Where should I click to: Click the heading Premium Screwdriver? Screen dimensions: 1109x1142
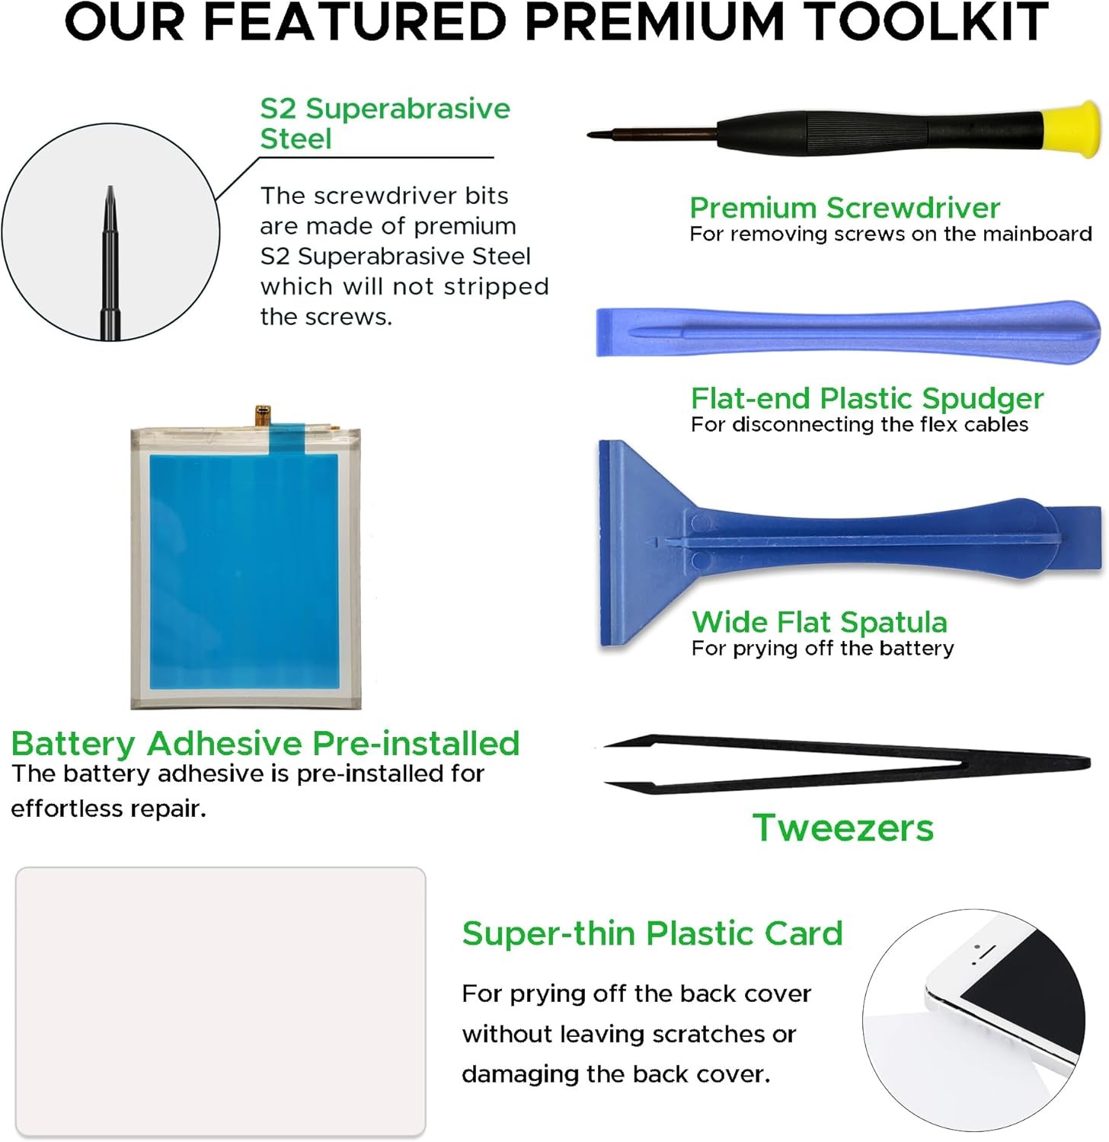pyautogui.click(x=845, y=208)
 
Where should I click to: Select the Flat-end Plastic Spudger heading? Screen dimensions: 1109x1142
pyautogui.click(x=867, y=398)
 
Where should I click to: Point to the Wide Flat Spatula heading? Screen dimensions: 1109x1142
pyautogui.click(x=820, y=622)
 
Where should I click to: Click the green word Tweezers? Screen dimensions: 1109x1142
pyautogui.click(x=843, y=828)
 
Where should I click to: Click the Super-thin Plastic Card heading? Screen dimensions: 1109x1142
pyautogui.click(x=652, y=933)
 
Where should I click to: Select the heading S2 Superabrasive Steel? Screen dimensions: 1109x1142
pyautogui.click(x=385, y=123)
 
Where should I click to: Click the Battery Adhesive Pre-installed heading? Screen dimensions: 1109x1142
pyautogui.click(x=265, y=743)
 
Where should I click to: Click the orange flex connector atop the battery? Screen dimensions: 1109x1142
pyautogui.click(x=263, y=416)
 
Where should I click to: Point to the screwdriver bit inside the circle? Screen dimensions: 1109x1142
pyautogui.click(x=111, y=263)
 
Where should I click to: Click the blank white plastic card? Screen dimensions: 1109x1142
pyautogui.click(x=220, y=1002)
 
